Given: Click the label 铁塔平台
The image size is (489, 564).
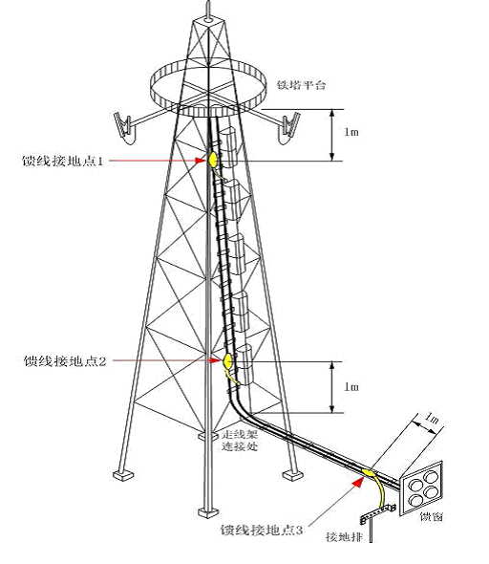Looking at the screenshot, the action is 301,85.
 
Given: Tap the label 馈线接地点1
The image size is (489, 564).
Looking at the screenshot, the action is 63,161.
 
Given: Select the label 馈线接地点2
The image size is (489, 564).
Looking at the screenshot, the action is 65,360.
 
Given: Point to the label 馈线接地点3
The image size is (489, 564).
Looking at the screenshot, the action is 262,530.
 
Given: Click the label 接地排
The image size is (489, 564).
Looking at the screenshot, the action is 344,537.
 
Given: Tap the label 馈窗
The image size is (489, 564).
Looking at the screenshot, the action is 432,517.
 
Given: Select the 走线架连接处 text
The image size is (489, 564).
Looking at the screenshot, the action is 240,441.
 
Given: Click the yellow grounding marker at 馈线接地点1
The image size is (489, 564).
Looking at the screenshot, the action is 213,160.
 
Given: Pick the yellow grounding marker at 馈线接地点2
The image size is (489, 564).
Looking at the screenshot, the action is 228,360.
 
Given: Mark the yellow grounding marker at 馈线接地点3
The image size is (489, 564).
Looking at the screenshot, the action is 368,472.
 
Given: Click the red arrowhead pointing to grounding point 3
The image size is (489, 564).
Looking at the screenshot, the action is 358,481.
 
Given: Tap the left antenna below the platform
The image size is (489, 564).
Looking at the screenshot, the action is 124,128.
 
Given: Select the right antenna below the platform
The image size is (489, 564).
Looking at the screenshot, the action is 289,128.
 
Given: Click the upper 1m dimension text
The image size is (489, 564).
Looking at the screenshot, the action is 351,132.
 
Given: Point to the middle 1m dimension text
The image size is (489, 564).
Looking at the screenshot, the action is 351,387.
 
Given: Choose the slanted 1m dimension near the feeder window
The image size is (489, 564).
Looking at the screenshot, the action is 432,419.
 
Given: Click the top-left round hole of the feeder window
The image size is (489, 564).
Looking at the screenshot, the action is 416,486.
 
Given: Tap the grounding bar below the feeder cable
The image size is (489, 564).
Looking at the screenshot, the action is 378,513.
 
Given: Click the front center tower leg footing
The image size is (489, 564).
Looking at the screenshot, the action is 208,512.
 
